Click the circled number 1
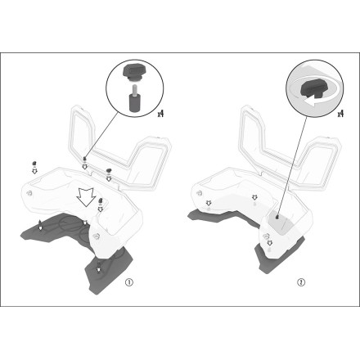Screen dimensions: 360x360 pyautogui.click(x=129, y=282)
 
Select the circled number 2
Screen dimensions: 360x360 pyautogui.click(x=301, y=282)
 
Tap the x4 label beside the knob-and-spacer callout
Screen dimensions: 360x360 pyautogui.click(x=160, y=113)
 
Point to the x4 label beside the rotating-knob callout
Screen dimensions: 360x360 pyautogui.click(x=340, y=113)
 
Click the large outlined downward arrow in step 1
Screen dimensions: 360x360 pyautogui.click(x=86, y=196)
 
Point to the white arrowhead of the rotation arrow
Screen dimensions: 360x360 pyautogui.click(x=309, y=102)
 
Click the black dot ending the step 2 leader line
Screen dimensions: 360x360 pyautogui.click(x=277, y=217)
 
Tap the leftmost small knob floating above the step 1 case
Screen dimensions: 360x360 pyautogui.click(x=34, y=164)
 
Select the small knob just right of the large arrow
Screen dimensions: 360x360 pyautogui.click(x=101, y=200)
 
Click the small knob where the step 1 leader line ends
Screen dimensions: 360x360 pyautogui.click(x=84, y=159)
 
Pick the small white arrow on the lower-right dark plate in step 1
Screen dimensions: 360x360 pyautogui.click(x=98, y=269)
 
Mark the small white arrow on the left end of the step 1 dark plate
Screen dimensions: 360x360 pyautogui.click(x=40, y=227)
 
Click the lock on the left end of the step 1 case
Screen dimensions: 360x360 pyautogui.click(x=29, y=192)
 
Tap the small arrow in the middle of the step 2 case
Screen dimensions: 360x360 pyautogui.click(x=254, y=197)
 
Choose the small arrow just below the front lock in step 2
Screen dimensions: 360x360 pyautogui.click(x=270, y=243)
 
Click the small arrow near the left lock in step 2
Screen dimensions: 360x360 pyautogui.click(x=209, y=202)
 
